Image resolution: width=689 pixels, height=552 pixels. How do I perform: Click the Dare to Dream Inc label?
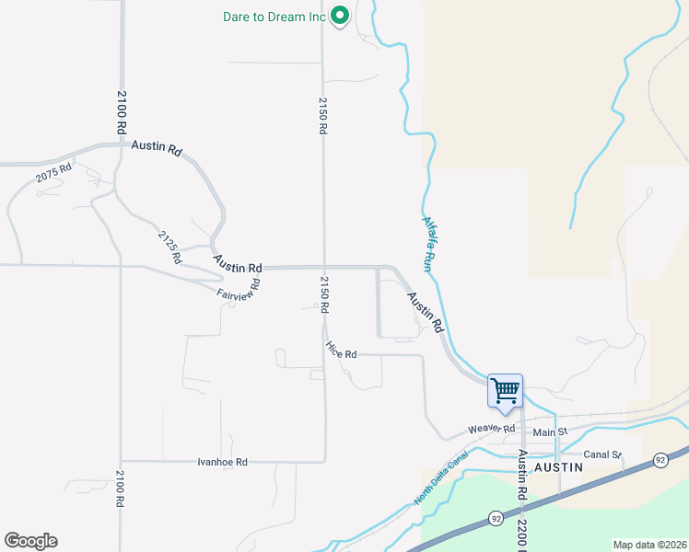point(275,17)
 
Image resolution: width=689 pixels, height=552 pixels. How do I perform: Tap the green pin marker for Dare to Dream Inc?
point(340,16)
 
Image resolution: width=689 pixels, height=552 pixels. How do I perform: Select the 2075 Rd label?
point(53,176)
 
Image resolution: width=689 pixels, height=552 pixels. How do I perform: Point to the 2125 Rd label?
point(169,247)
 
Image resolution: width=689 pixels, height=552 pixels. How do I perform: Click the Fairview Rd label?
point(239,288)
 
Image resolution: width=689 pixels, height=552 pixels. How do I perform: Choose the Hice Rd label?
point(340,350)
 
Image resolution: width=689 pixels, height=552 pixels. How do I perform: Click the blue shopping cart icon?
point(505,391)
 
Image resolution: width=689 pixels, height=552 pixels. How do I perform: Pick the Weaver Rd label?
point(490,429)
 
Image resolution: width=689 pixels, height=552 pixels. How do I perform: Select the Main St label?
point(550,431)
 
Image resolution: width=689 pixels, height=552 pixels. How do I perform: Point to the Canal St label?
point(603,454)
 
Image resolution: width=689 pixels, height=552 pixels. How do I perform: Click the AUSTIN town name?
point(559,467)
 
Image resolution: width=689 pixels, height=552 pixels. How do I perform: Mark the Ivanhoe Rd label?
point(223,462)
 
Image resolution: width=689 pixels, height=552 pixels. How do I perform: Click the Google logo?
point(30,541)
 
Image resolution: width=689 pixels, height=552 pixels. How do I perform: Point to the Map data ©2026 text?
point(649,545)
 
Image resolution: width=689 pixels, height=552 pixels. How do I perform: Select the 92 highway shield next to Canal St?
point(660,459)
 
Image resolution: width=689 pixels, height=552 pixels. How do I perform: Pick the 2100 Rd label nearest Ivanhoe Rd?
point(120,489)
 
